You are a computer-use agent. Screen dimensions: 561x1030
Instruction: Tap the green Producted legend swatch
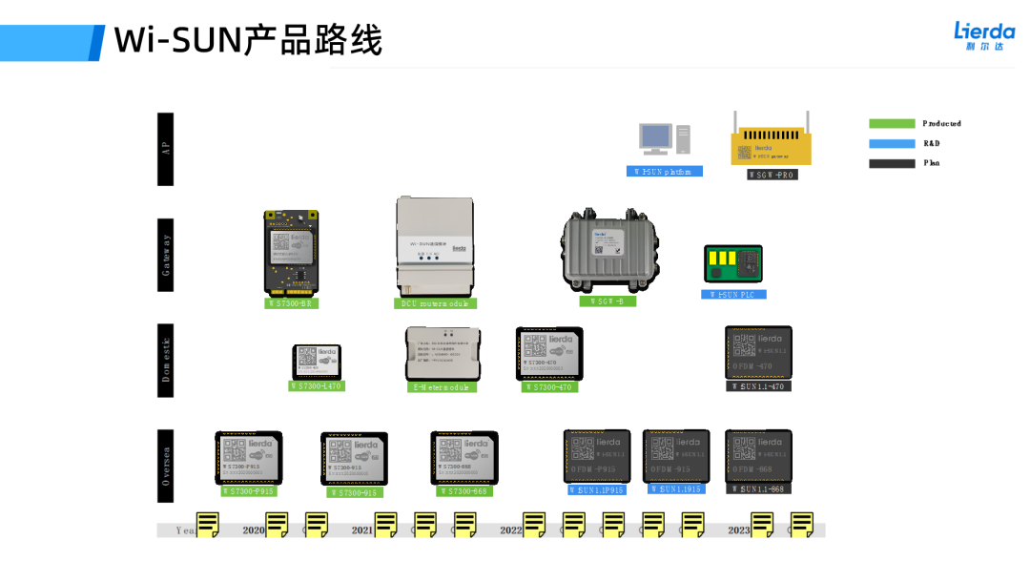click(891, 124)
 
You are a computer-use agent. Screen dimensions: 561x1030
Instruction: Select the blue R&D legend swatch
click(891, 144)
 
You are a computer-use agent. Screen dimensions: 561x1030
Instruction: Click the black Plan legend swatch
click(891, 163)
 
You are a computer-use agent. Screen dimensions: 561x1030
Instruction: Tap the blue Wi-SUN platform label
click(665, 172)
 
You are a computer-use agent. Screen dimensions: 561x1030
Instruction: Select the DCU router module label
click(435, 303)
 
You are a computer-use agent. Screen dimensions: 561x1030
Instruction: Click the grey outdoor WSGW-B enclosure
click(608, 250)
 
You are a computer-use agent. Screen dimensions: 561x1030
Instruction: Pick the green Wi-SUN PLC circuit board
click(733, 263)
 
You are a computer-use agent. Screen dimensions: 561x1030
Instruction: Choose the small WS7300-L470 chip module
click(317, 362)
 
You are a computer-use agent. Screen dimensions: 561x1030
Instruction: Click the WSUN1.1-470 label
click(759, 386)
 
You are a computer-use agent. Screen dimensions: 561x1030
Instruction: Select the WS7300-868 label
click(464, 491)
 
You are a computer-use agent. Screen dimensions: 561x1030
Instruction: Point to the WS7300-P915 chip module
click(248, 457)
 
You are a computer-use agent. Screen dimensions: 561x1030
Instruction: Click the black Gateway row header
click(166, 255)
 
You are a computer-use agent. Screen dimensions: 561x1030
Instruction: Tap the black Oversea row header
click(166, 466)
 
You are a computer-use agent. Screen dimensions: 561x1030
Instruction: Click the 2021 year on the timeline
click(362, 530)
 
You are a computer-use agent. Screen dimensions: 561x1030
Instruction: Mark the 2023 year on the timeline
click(739, 530)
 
